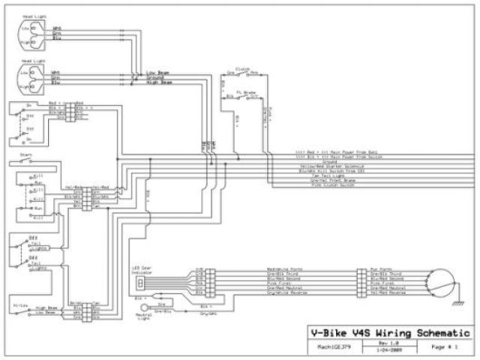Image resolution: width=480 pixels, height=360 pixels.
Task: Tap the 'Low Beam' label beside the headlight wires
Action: pyautogui.click(x=157, y=72)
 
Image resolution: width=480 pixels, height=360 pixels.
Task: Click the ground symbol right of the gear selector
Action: pyautogui.click(x=454, y=301)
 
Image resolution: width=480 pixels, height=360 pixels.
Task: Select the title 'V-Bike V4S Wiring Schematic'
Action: pyautogui.click(x=390, y=333)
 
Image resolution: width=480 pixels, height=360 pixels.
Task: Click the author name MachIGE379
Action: pyautogui.click(x=328, y=347)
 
